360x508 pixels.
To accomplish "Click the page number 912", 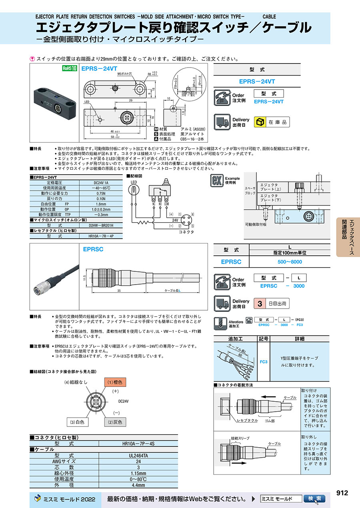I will [343, 493].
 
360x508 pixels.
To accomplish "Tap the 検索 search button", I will [314, 499].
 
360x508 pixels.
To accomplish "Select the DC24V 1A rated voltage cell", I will [100, 182].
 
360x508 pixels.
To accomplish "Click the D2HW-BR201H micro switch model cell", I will [100, 225].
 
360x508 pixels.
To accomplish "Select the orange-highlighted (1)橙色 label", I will [116, 382].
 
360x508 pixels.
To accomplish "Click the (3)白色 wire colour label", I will [77, 422].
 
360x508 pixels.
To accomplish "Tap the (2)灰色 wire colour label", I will [115, 422].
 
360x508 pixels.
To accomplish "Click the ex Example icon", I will [216, 181].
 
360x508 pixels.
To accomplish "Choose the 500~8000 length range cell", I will [290, 262].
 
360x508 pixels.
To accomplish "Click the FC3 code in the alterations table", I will [264, 362].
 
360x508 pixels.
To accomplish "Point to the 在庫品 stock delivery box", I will [272, 122].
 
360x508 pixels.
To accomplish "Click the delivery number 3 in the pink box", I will [260, 304].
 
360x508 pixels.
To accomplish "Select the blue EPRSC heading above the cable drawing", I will [93, 249].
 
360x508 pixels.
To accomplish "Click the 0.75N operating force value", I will [100, 193].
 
